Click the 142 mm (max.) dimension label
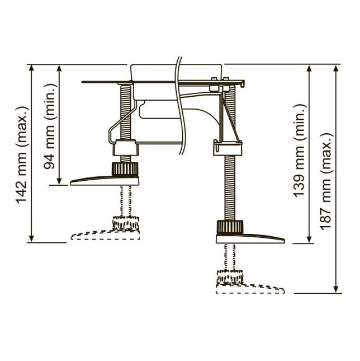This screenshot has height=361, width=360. click(22, 154)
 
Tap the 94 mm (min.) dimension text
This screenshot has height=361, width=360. click(49, 126)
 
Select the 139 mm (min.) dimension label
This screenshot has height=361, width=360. click(300, 151)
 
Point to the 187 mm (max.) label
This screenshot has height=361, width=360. click(326, 181)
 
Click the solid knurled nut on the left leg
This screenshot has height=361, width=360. click(125, 169)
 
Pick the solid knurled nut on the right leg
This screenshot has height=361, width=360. click(230, 227)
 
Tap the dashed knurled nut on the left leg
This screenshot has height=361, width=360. click(126, 223)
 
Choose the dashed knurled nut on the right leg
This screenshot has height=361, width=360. click(230, 277)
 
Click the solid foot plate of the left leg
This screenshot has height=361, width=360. click(105, 181)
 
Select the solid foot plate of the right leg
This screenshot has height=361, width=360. click(250, 238)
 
